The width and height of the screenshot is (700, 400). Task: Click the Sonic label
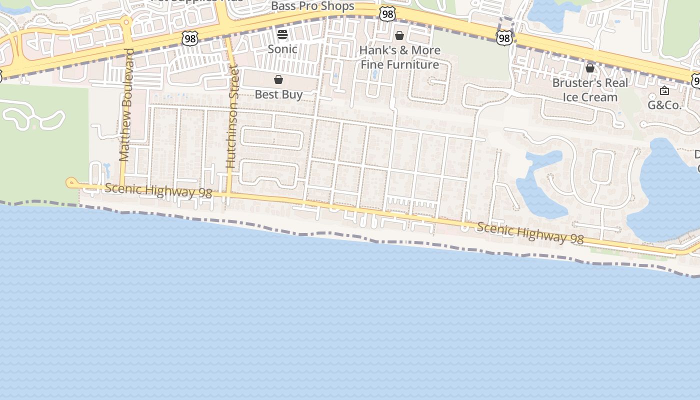coord(282,49)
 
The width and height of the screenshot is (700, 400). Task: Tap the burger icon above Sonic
coord(282,34)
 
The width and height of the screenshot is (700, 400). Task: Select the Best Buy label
coord(278,94)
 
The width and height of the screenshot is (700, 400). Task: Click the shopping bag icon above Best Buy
coord(278,79)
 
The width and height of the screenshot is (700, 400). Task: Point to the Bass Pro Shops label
coord(312,6)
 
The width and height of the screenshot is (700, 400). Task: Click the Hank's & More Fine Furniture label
coord(400,57)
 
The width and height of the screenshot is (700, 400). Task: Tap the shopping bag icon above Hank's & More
coord(399,35)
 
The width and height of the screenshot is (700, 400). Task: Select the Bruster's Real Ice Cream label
coord(590,90)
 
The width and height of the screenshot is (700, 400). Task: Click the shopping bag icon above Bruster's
coord(590,68)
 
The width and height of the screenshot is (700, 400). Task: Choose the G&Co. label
coord(664,105)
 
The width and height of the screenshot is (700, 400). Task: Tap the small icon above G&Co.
coord(664,90)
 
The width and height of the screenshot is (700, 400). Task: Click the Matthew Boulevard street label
coord(125,104)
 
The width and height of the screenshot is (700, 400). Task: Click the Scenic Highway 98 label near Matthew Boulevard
coord(158,190)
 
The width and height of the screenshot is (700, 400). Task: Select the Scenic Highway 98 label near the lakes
coord(530,233)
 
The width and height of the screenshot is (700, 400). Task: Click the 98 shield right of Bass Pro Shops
coord(387,14)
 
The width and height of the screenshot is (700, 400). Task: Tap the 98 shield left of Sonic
coord(190,38)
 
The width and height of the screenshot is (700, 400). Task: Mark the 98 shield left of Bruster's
coord(504,37)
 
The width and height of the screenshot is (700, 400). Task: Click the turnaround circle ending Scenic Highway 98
coord(70,183)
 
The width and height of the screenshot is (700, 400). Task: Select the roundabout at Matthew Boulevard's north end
coord(126,22)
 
